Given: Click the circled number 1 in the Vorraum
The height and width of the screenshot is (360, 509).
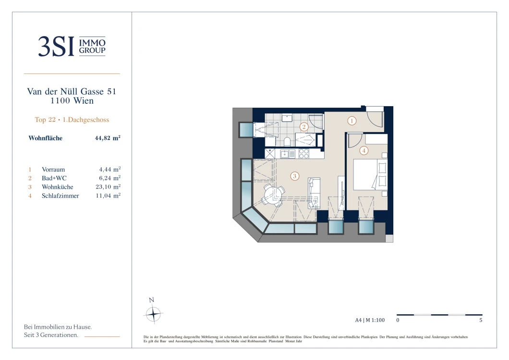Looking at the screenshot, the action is pos(352,121).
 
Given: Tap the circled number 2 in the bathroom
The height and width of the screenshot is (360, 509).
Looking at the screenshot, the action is pos(304,127).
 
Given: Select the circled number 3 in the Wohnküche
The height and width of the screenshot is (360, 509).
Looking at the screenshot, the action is pos(295,176).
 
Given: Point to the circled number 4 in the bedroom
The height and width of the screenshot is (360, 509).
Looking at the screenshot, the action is pos(364,150).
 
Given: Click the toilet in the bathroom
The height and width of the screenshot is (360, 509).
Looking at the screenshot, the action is pos(287,142).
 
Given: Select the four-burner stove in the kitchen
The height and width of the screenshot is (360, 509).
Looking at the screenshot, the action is pos(304,154).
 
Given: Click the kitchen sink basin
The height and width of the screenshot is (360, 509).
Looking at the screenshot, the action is pos(285,154).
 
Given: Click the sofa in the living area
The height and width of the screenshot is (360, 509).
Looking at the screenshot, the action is pos(314,193).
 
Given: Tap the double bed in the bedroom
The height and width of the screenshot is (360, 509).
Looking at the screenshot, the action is pos(370,174).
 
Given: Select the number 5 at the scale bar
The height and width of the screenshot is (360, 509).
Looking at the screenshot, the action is pos(481,320).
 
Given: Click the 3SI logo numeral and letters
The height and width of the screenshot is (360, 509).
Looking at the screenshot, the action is pos(56,47).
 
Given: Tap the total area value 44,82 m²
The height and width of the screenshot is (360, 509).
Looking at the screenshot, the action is pos(108,138).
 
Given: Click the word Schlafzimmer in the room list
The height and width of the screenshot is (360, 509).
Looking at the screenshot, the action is pos(61,196).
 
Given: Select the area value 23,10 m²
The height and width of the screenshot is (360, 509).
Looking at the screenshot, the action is pos(108,187).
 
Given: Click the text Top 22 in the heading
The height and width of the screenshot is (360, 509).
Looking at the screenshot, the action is pos(45,120).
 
